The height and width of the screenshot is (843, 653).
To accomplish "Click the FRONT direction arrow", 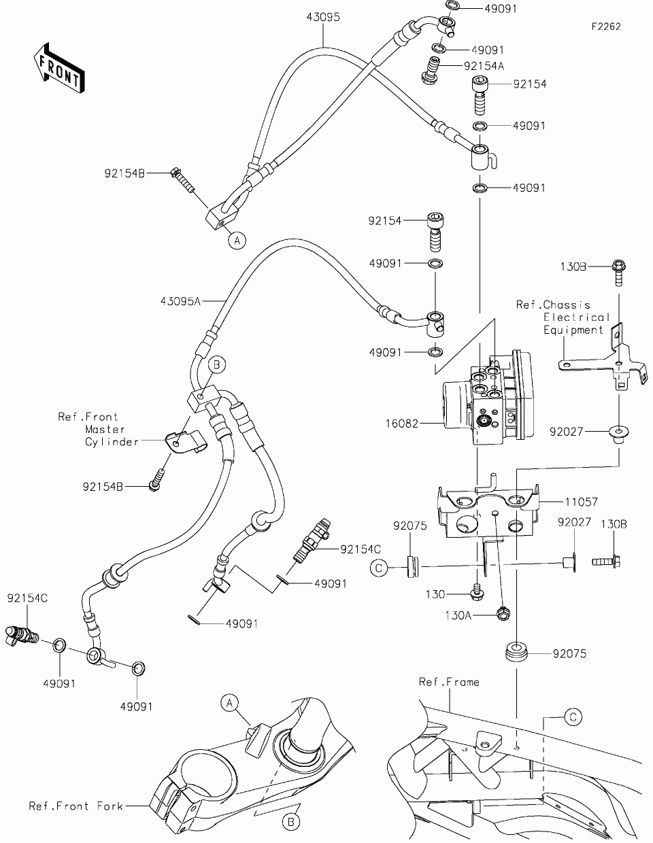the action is pyautogui.click(x=59, y=68).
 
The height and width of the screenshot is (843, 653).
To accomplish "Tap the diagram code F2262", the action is pyautogui.click(x=606, y=27).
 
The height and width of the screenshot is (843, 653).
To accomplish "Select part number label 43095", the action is pyautogui.click(x=323, y=17).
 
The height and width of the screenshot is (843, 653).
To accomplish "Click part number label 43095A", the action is pyautogui.click(x=181, y=301).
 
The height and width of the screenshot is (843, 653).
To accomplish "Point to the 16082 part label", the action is pyautogui.click(x=402, y=424).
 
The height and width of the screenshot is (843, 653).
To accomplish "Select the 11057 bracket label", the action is pyautogui.click(x=581, y=502).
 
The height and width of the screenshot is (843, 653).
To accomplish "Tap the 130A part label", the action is pyautogui.click(x=458, y=615).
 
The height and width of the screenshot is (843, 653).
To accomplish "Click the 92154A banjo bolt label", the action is pyautogui.click(x=484, y=67).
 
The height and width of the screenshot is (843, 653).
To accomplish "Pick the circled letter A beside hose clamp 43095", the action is pyautogui.click(x=237, y=241).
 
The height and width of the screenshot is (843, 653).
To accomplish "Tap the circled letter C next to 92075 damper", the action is pyautogui.click(x=379, y=568).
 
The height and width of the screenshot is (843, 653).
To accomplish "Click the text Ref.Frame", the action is pyautogui.click(x=449, y=682).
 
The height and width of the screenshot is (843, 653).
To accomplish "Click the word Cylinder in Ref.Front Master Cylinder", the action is pyautogui.click(x=112, y=442).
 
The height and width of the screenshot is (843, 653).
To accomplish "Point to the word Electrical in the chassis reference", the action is pyautogui.click(x=577, y=317).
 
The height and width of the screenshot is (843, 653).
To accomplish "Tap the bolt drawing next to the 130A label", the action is pyautogui.click(x=503, y=614).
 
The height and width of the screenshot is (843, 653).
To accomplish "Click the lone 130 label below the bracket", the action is pyautogui.click(x=435, y=594).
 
